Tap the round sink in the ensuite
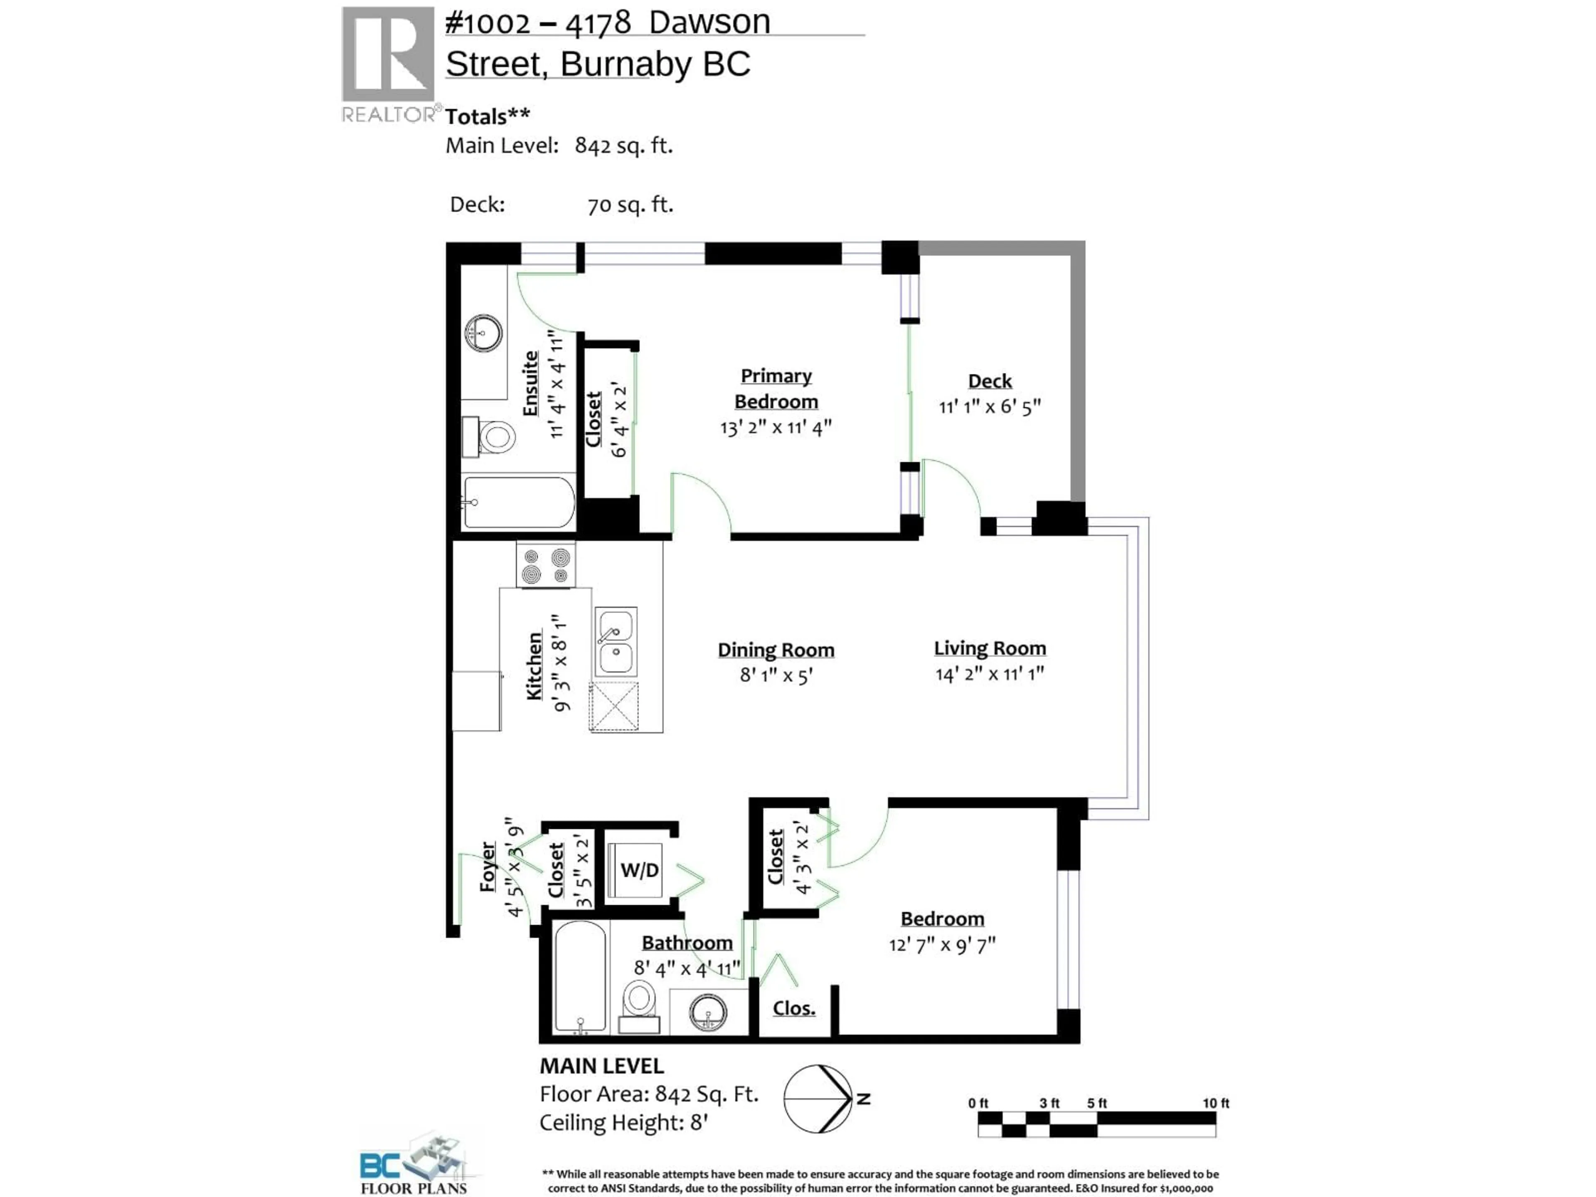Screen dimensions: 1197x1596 483,332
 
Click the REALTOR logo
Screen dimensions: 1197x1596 388,65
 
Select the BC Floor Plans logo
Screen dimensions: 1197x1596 414,1165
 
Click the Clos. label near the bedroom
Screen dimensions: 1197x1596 794,1008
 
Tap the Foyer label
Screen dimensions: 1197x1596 488,866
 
